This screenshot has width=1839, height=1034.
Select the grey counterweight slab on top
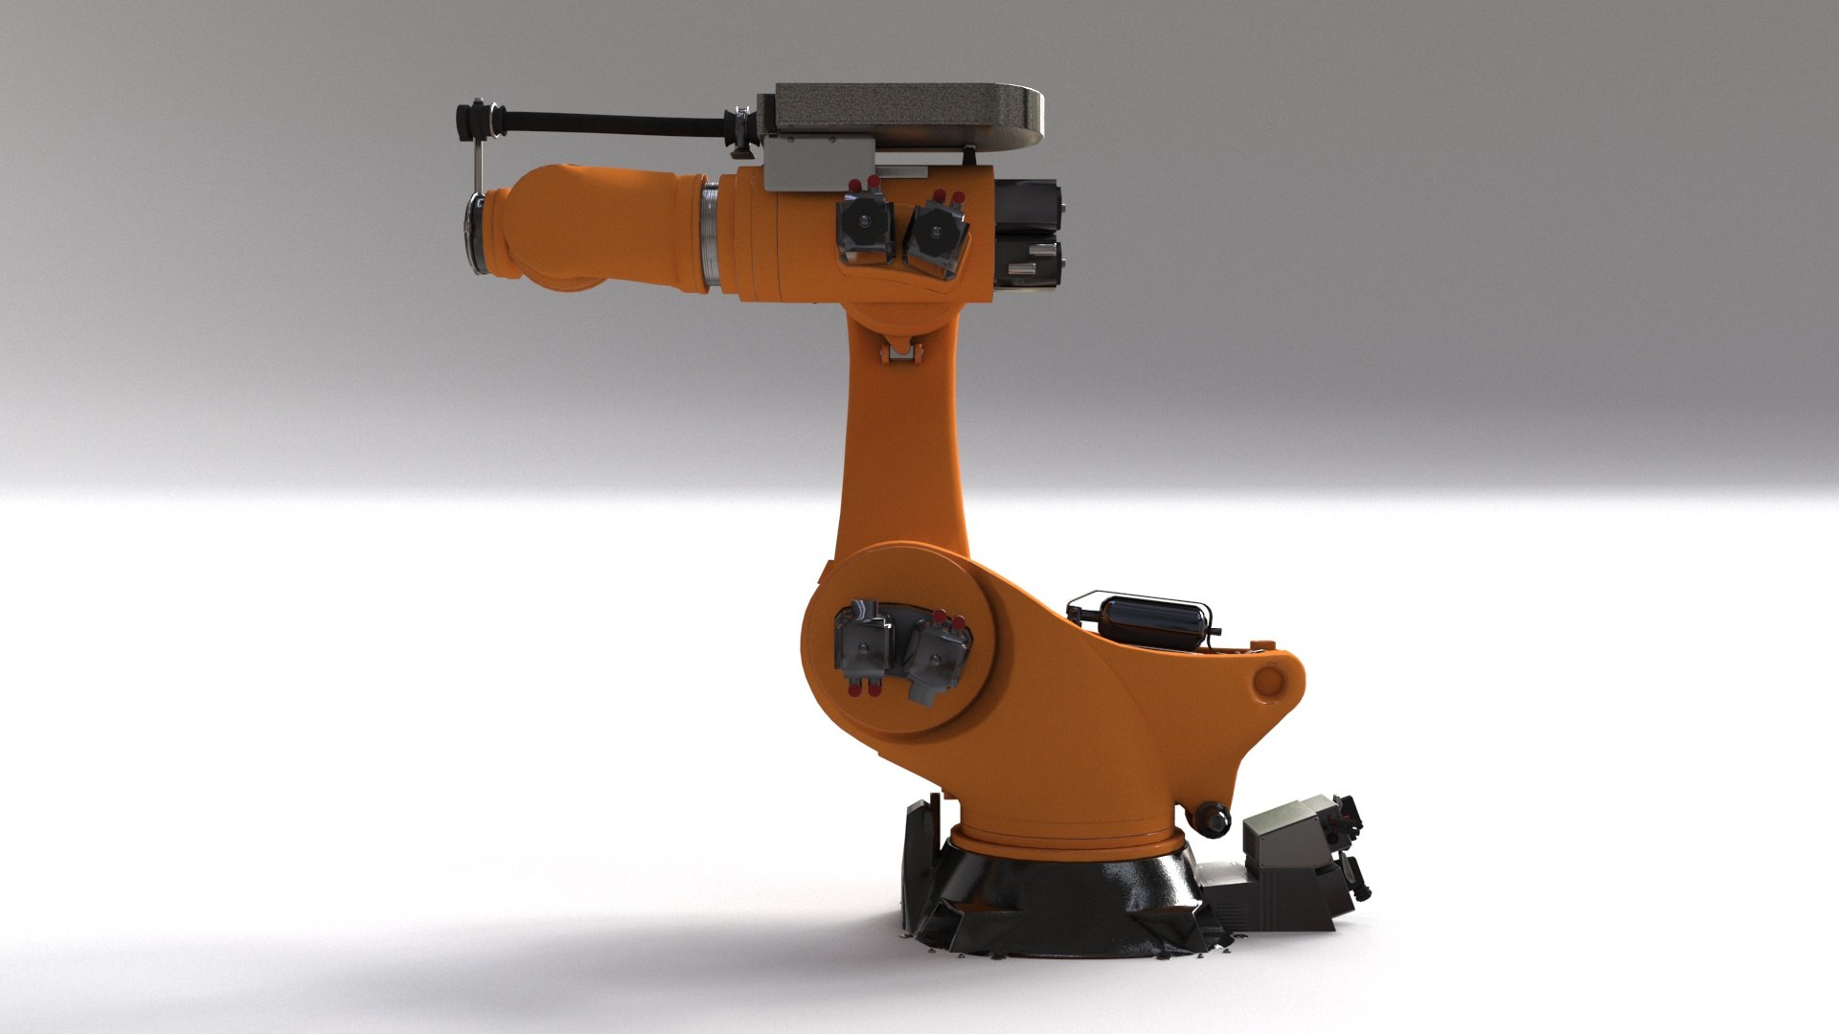(x=905, y=114)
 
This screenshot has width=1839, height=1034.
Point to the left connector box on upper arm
(x=866, y=232)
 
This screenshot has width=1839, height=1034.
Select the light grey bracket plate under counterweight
(x=819, y=160)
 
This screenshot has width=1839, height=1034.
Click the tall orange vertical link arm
(x=900, y=450)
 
